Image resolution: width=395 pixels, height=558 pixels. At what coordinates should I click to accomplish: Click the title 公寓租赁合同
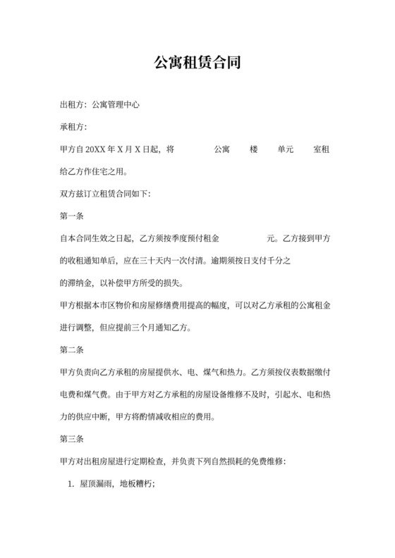coord(197,62)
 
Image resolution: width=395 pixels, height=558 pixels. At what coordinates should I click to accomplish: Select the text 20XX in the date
coord(95,149)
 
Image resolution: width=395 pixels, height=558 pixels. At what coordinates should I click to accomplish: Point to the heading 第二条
coord(71,349)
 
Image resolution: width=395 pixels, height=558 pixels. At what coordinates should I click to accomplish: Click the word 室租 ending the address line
coord(322,149)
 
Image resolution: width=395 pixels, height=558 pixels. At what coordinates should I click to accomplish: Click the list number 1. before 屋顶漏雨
coord(71,484)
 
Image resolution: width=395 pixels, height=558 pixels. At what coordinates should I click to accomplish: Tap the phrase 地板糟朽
coord(136,484)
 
